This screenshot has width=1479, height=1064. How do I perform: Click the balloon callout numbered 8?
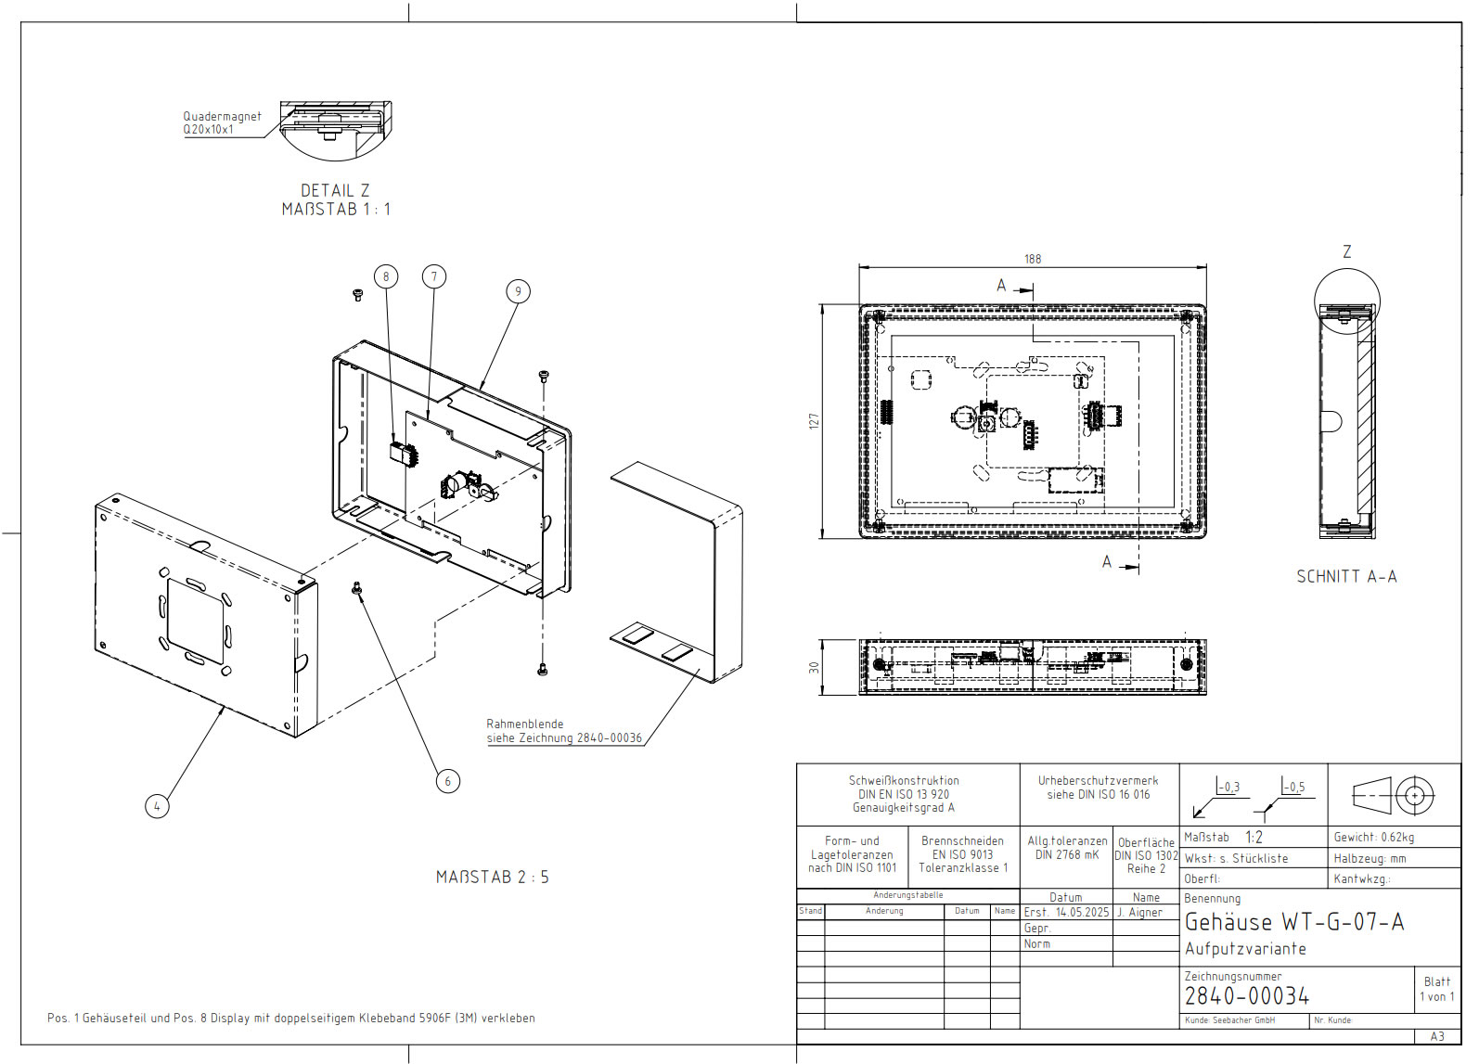pos(386,276)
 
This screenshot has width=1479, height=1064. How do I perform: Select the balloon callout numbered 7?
pos(433,276)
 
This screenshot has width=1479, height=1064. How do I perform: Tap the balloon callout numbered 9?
pos(518,291)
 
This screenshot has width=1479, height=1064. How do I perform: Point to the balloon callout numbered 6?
pos(447,781)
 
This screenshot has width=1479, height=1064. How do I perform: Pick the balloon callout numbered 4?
pos(157,806)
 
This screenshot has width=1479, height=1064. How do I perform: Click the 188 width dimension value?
pos(1033,260)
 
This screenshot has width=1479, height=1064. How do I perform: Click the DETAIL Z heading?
pos(335,190)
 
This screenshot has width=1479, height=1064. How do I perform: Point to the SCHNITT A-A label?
pos(1346,577)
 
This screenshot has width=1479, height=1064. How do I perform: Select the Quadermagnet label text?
pos(222,117)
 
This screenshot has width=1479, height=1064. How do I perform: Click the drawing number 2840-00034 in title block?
pos(1246,996)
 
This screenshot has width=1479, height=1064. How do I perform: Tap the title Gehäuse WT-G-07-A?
pos(1294,922)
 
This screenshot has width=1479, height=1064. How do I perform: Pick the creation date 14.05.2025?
pos(1082,913)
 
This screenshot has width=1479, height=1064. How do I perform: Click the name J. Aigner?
pos(1139,913)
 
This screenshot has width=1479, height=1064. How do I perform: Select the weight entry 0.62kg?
pos(1374,837)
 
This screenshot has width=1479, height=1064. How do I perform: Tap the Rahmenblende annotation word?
pos(524,724)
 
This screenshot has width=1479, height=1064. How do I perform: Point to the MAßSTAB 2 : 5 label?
pos(492,877)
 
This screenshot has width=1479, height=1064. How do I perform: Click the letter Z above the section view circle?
pos(1346,251)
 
